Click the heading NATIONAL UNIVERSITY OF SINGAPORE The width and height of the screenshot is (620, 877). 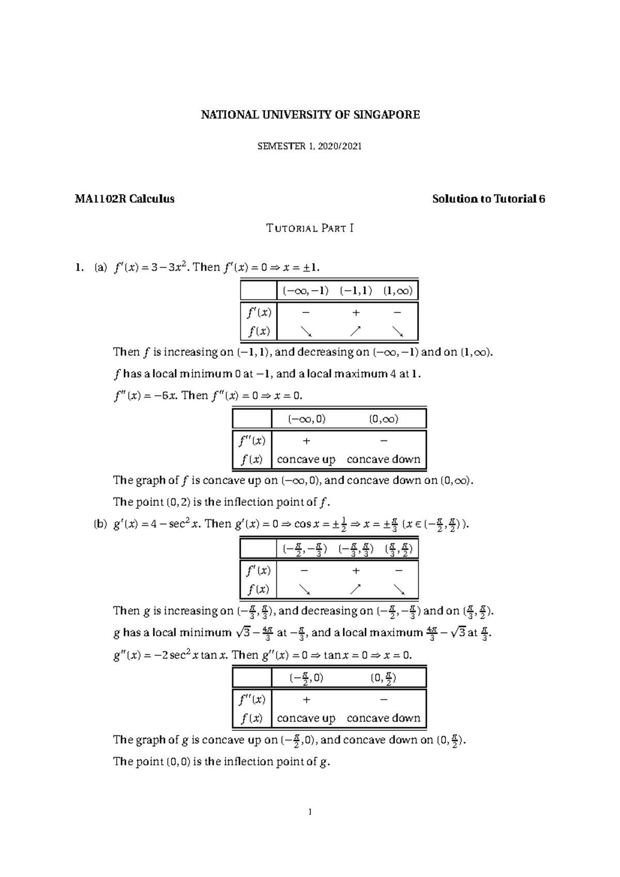(x=310, y=115)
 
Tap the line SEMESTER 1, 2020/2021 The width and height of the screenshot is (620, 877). (x=309, y=146)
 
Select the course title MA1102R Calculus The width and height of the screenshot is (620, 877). (x=125, y=199)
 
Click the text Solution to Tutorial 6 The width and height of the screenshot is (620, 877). (x=488, y=199)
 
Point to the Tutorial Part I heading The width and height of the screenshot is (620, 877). (x=309, y=228)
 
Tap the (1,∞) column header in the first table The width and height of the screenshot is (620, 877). (x=398, y=291)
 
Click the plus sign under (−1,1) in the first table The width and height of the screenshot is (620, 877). (x=356, y=312)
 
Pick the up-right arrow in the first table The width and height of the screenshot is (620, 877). (x=355, y=331)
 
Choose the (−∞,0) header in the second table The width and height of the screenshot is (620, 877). (x=306, y=419)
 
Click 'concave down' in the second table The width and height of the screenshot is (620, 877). (x=383, y=459)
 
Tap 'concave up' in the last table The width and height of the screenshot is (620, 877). (x=306, y=718)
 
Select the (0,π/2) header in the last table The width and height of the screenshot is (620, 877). (x=383, y=678)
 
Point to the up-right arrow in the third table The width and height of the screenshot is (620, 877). (x=355, y=589)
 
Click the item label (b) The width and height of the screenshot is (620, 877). (x=100, y=524)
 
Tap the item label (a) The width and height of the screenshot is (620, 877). (x=100, y=268)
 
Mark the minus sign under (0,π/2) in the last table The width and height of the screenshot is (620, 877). (x=383, y=699)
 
